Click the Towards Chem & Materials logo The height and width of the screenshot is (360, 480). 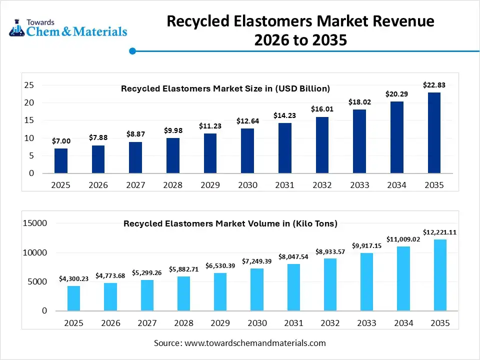tap(68, 28)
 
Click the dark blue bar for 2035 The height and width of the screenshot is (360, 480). tap(434, 132)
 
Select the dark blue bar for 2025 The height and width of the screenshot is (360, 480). tap(61, 160)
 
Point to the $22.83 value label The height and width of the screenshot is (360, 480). tap(434, 85)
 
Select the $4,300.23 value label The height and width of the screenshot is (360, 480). tap(73, 278)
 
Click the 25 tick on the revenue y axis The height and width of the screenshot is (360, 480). tap(29, 85)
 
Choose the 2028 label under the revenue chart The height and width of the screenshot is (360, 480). tap(172, 185)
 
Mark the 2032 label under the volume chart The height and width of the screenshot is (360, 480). tap(330, 323)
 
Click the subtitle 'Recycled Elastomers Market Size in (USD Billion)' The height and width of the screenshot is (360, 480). tap(225, 88)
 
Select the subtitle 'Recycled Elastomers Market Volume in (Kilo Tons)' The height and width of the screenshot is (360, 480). tap(230, 223)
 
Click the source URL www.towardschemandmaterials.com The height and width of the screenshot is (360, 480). tap(255, 343)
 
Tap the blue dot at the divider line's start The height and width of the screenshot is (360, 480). tap(132, 51)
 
